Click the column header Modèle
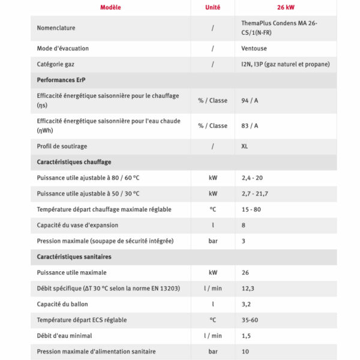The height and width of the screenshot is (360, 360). tap(110, 8)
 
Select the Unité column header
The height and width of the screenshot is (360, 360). tap(212, 8)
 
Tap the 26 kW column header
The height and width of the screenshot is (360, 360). tap(286, 8)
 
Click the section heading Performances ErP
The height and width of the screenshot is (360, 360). tap(64, 79)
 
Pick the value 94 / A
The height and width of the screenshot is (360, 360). tap(249, 100)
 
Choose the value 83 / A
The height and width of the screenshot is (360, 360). tap(249, 125)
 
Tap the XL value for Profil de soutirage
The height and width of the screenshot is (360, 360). tap(245, 146)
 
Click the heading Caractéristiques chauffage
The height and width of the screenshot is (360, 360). tap(74, 162)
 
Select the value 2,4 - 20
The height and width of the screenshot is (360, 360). tap(253, 178)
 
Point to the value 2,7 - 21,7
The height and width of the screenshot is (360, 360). tap(254, 194)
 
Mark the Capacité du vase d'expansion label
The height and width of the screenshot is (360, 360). tap(77, 225)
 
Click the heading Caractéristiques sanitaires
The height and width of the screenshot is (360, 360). tap(74, 256)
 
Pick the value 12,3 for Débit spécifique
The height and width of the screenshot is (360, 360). tap(247, 289)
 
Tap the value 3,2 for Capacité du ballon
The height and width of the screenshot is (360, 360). tap(245, 304)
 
